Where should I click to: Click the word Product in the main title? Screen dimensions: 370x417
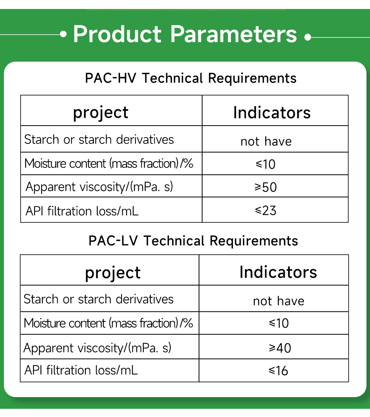coord(117,34)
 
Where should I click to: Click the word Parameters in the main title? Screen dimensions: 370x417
coord(234,34)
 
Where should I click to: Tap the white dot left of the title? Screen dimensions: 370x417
coord(63,34)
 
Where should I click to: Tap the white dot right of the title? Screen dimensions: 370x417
coord(308,37)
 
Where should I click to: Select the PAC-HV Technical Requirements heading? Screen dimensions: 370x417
coord(191,78)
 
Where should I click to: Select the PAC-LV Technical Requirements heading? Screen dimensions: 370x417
coord(193,241)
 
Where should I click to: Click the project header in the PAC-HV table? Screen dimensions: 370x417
coord(100,113)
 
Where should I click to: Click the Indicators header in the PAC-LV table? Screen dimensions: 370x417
coord(278,272)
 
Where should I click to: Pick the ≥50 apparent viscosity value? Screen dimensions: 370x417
coord(266,187)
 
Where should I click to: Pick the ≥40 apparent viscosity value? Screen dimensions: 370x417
coord(280,348)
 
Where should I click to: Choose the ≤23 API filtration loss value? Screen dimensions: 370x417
coord(266,211)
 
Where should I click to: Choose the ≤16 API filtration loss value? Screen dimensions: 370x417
coord(278,371)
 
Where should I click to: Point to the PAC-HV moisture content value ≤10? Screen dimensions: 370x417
coord(266,164)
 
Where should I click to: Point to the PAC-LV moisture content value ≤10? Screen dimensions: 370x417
coord(278,323)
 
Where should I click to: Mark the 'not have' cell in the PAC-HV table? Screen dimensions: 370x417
coord(266,141)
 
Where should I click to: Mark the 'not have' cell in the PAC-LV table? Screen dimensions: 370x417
coord(278,301)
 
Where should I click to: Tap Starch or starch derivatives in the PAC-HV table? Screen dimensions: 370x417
coord(99,139)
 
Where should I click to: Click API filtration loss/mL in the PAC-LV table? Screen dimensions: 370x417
coord(81,370)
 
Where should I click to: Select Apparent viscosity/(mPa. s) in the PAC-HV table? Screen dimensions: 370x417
coord(99,187)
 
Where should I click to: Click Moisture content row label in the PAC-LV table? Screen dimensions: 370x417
coord(108,323)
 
